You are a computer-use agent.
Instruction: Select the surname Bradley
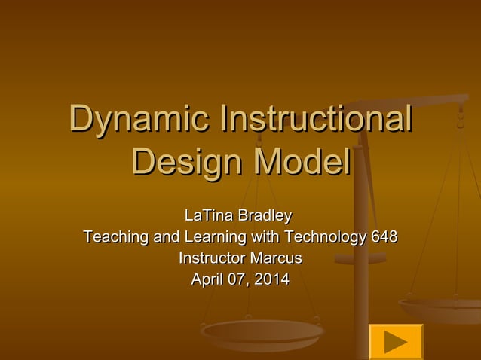click(264, 217)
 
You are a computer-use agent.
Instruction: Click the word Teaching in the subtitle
click(116, 238)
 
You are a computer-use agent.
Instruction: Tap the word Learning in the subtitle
click(213, 238)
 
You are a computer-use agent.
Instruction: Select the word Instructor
click(212, 259)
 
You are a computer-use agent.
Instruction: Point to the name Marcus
click(275, 259)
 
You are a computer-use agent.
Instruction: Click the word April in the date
click(207, 280)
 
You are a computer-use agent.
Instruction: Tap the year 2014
click(272, 280)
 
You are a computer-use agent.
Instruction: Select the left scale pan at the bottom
click(262, 331)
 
